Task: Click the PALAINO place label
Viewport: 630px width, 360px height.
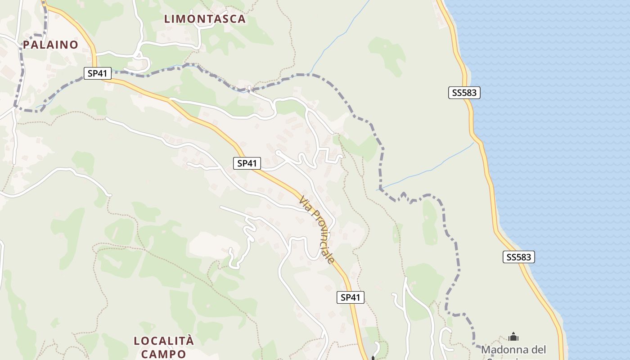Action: coord(50,45)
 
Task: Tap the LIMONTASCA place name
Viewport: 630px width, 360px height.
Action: coord(205,19)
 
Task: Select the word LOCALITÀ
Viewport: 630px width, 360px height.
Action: coord(164,341)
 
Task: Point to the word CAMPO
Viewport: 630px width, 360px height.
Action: coord(164,354)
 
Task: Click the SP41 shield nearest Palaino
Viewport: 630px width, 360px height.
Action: coord(97,73)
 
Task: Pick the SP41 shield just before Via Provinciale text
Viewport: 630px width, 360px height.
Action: coord(247,163)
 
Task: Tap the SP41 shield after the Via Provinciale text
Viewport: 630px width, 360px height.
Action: coord(351,297)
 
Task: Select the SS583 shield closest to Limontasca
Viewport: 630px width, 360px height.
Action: coord(464,93)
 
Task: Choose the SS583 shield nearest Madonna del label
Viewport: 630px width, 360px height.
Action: coord(518,257)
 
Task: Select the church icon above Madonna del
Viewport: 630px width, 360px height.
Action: coord(513,337)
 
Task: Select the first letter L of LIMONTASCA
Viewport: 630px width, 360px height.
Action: coord(167,19)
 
